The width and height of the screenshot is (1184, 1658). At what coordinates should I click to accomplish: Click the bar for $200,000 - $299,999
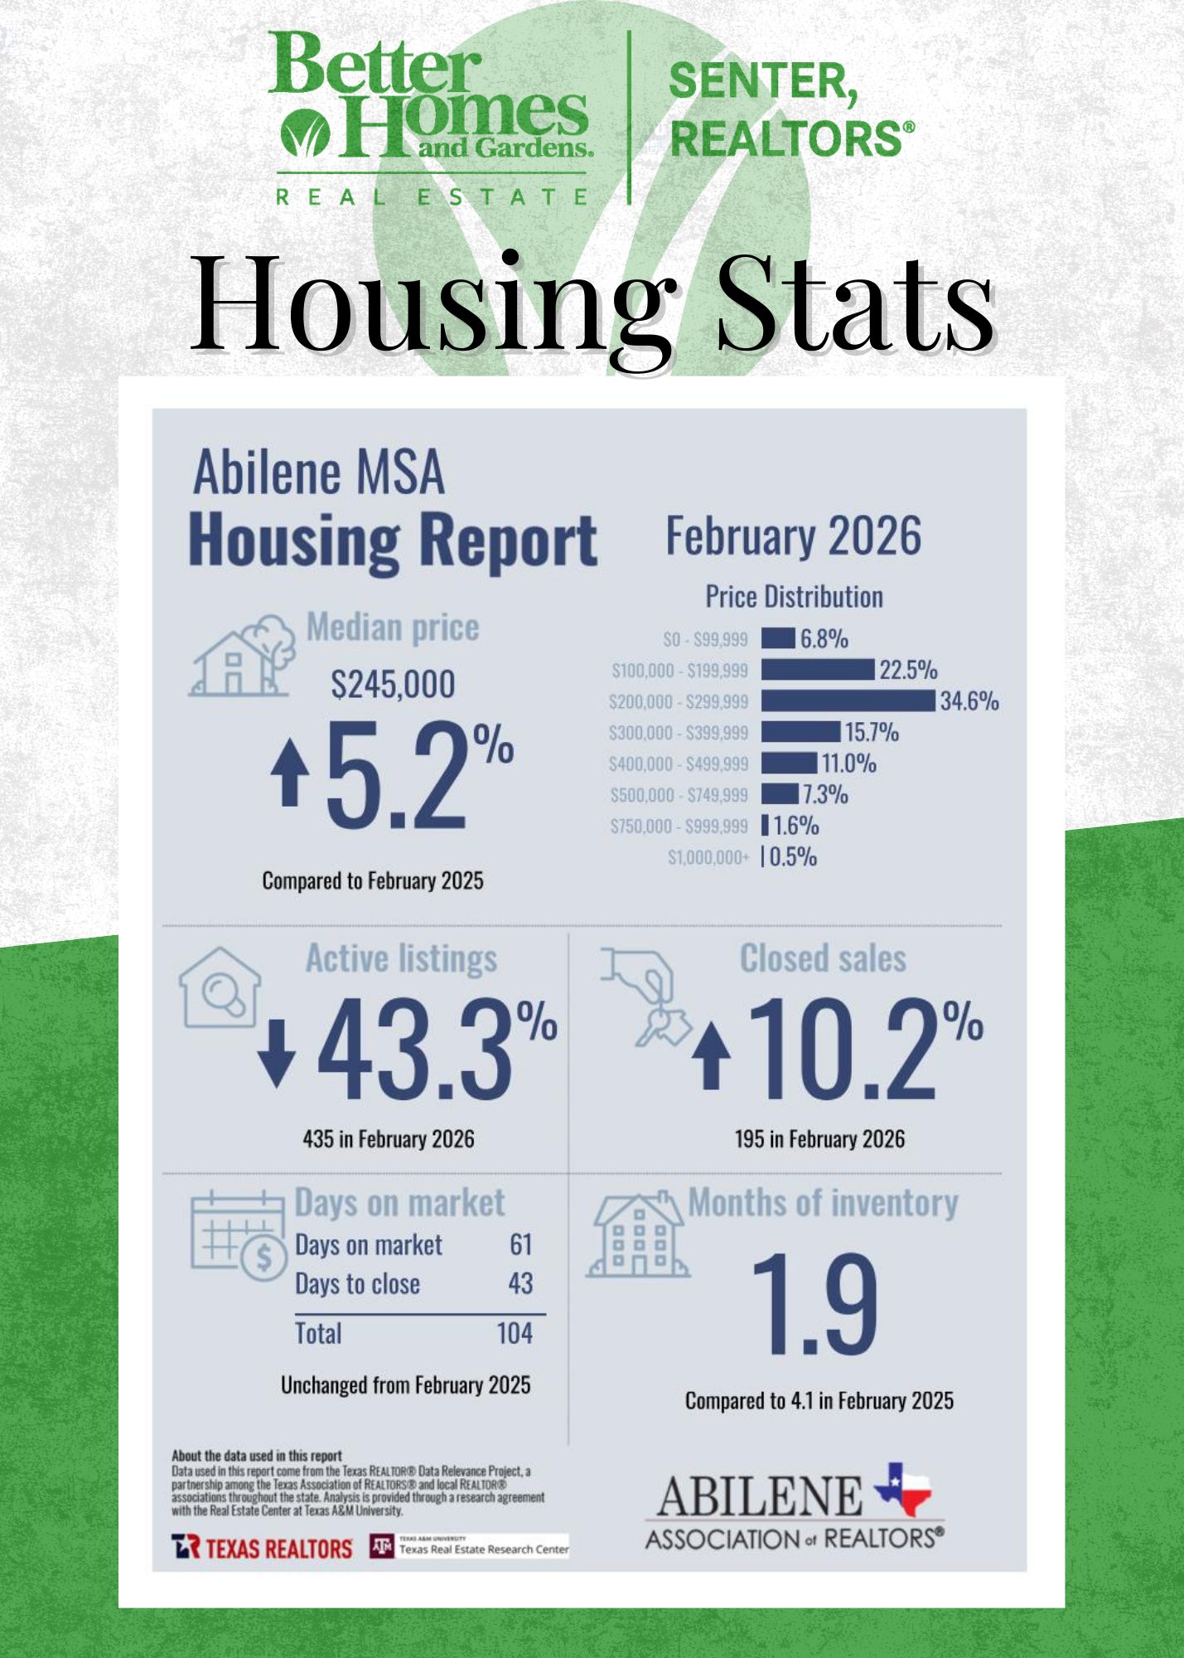[x=848, y=701]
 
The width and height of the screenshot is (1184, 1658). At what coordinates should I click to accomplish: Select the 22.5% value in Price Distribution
[x=908, y=670]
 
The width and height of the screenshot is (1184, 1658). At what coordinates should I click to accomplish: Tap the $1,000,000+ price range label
[x=708, y=857]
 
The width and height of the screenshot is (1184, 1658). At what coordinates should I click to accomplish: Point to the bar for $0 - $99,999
[x=778, y=638]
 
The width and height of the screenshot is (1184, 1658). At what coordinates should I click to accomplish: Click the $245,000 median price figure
[x=393, y=685]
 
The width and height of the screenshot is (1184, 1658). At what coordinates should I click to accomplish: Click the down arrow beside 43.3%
[x=276, y=1053]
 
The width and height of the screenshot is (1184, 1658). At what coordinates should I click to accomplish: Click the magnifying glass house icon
[x=220, y=988]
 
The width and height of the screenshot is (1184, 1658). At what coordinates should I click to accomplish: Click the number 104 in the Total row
[x=514, y=1333]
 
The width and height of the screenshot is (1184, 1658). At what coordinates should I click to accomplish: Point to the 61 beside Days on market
[x=520, y=1244]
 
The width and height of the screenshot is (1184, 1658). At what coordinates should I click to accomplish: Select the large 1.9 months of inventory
[x=814, y=1305]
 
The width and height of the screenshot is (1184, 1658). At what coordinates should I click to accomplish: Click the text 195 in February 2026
[x=819, y=1139]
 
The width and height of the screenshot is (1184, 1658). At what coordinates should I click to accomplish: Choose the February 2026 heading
[x=793, y=536]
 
